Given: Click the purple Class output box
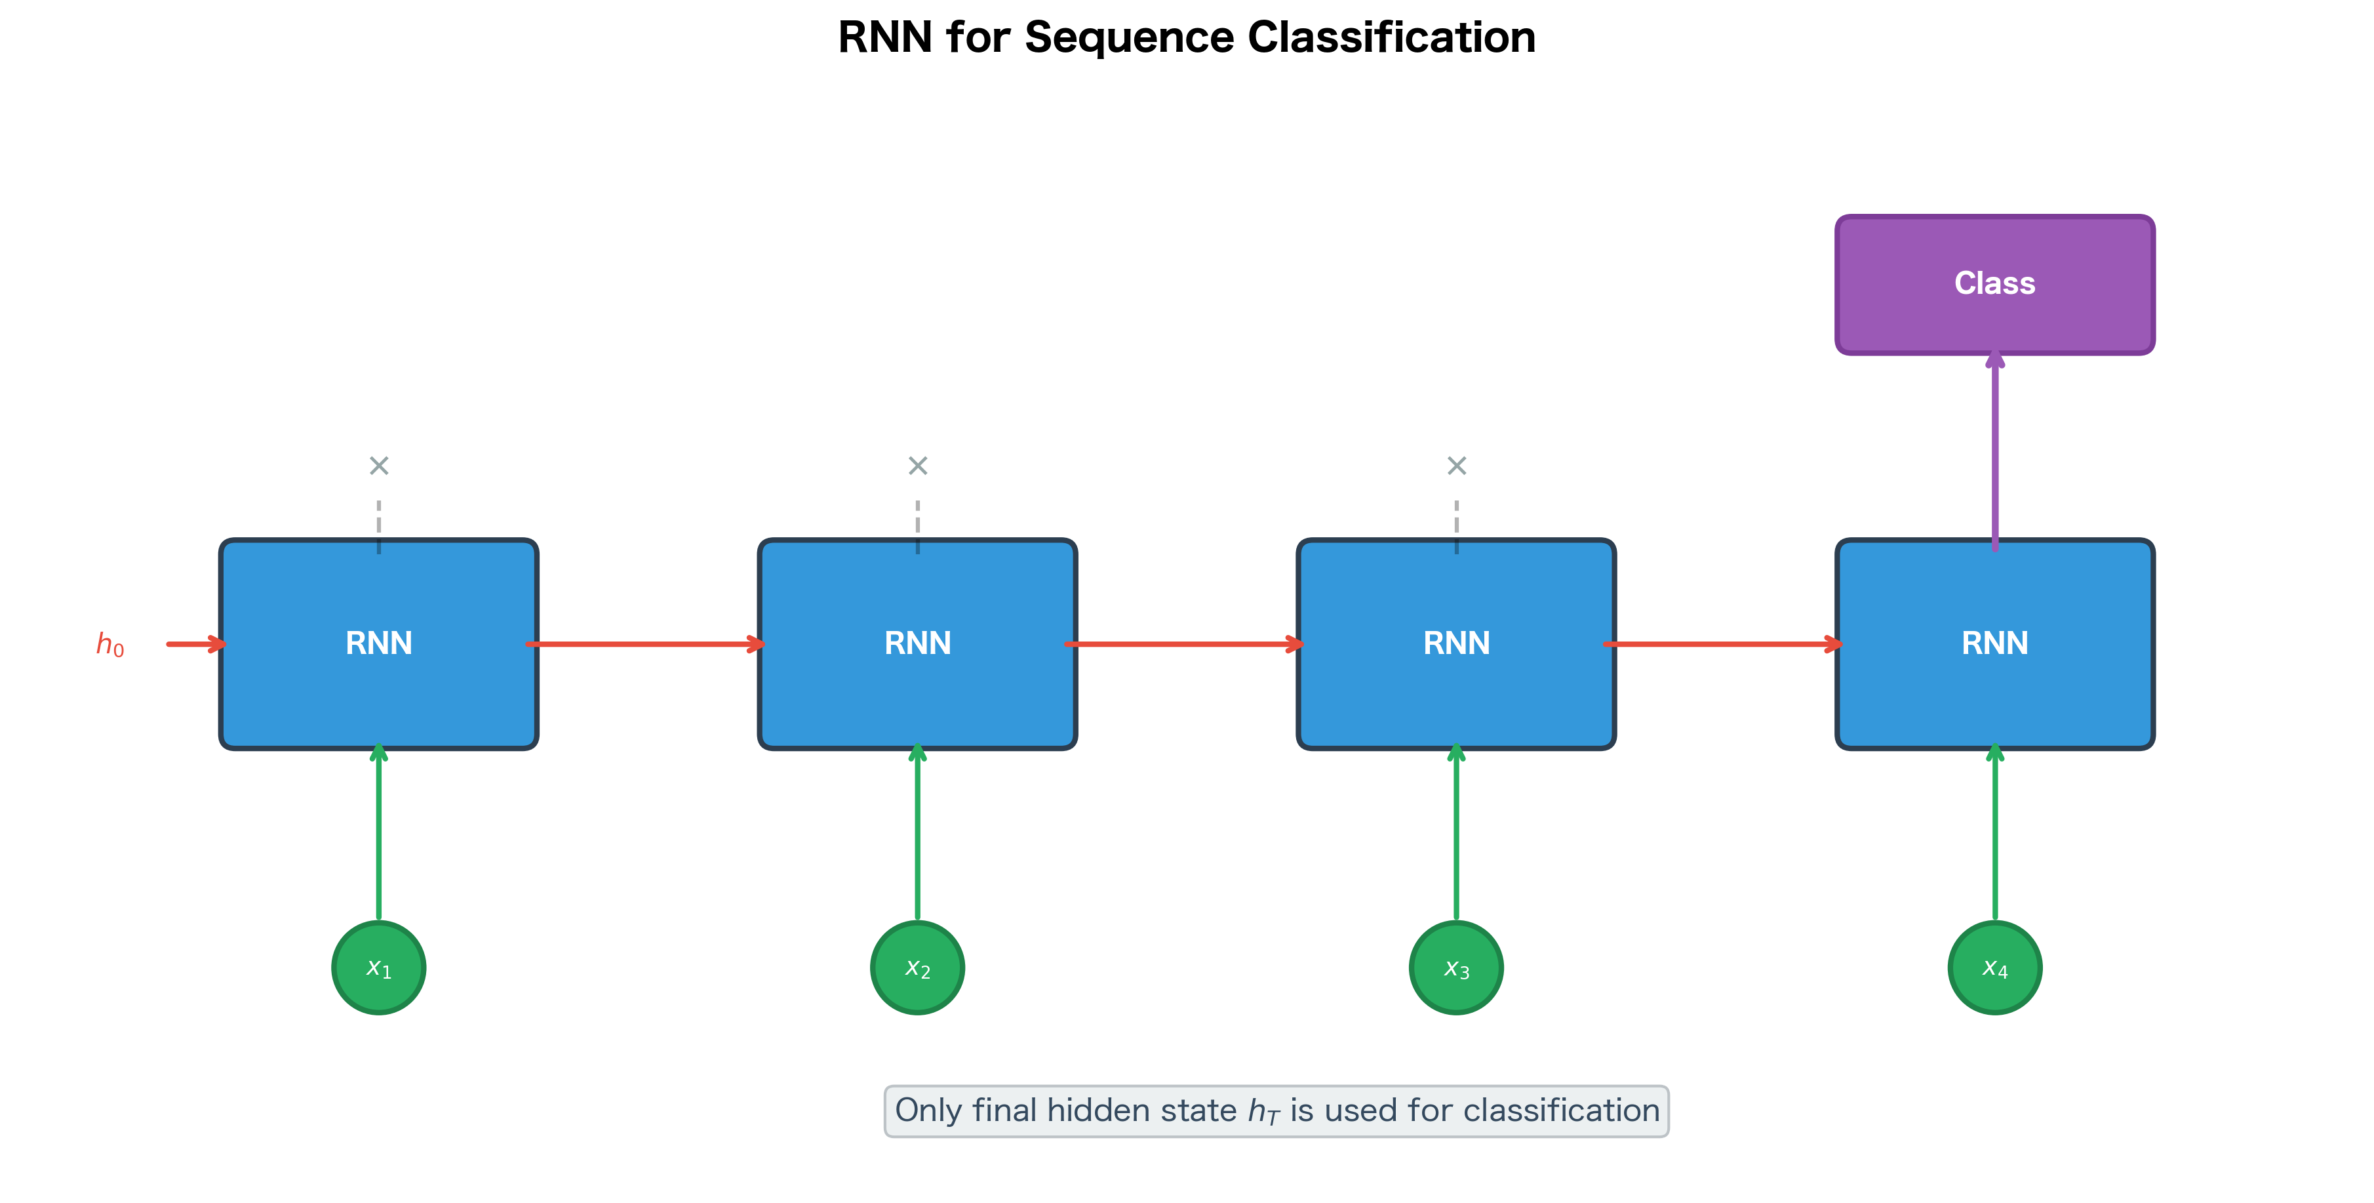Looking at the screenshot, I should pyautogui.click(x=1994, y=284).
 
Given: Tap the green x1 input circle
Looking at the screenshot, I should pyautogui.click(x=379, y=968).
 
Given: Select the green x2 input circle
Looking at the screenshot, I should pyautogui.click(x=918, y=968).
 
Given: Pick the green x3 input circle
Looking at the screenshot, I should pyautogui.click(x=1456, y=968).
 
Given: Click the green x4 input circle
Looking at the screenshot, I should pyautogui.click(x=1994, y=968).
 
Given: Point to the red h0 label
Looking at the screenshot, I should pyautogui.click(x=109, y=644).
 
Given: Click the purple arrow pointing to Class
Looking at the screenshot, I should pyautogui.click(x=1995, y=452).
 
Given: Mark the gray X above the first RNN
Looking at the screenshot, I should pyautogui.click(x=379, y=466).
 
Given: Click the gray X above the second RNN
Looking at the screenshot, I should pyautogui.click(x=918, y=466).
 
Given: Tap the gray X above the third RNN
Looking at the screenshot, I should pyautogui.click(x=1456, y=466).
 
